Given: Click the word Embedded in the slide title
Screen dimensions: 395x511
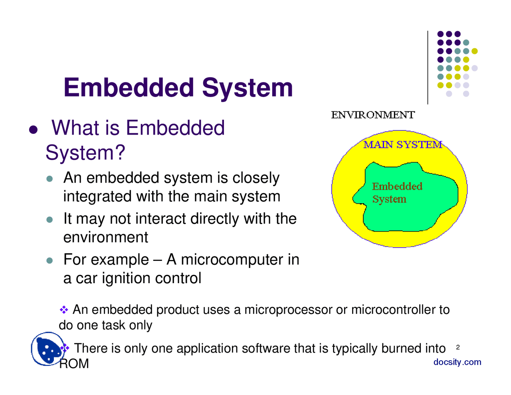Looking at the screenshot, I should coord(130,88).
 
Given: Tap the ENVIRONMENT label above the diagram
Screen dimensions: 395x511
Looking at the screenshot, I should coord(373,115).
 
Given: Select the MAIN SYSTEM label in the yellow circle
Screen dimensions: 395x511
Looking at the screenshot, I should coord(402,145).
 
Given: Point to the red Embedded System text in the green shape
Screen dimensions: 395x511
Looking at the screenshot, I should coord(396,193).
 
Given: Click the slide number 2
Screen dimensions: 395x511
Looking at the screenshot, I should coord(458,347).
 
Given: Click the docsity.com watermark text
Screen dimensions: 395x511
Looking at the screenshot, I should coord(457,362).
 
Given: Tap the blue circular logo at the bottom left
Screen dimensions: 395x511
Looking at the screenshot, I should coord(47,349).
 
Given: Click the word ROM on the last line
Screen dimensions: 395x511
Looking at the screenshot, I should coord(74,364).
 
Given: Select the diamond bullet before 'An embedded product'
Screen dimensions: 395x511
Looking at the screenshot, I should coord(64,310).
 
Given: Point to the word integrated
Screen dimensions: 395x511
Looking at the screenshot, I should coord(97,197).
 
